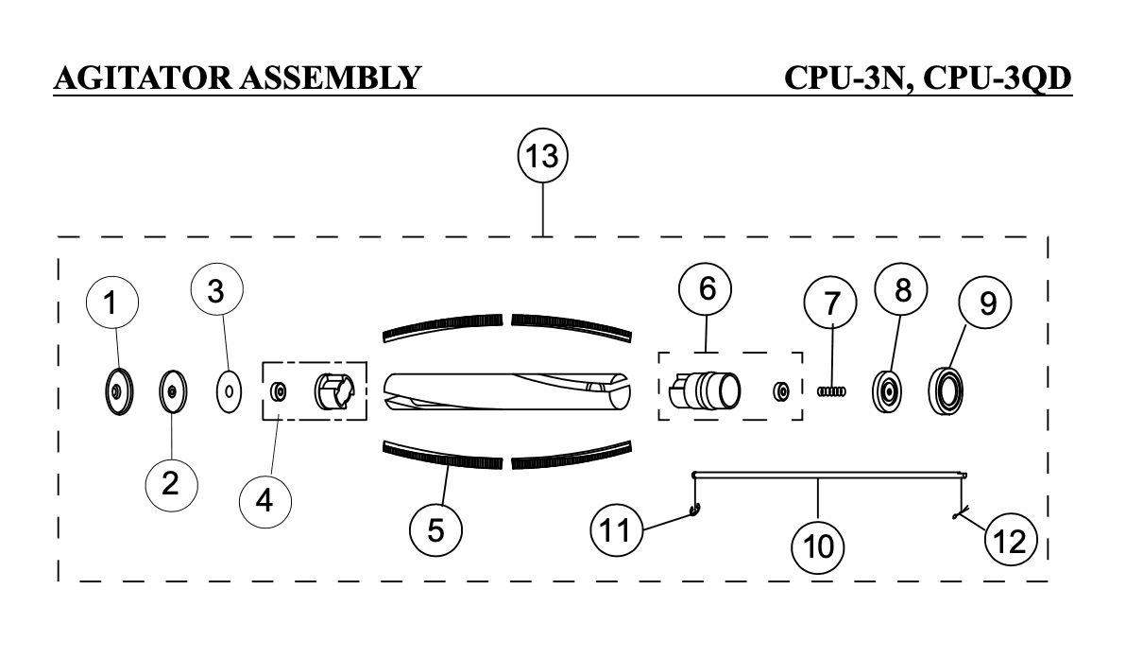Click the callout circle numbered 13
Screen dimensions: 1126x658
click(x=542, y=156)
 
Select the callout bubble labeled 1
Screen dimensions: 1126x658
click(x=112, y=303)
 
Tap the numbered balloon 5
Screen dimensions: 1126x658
click(x=435, y=530)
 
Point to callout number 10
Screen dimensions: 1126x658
click(x=818, y=546)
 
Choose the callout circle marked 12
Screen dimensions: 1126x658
click(x=1011, y=540)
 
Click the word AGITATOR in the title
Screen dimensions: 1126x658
click(x=143, y=78)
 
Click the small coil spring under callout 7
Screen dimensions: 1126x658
click(x=831, y=390)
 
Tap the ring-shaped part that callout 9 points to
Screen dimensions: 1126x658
click(x=946, y=390)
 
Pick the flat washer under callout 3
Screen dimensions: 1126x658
click(x=230, y=391)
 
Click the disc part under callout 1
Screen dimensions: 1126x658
click(x=118, y=391)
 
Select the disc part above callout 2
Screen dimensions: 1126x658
click(x=172, y=391)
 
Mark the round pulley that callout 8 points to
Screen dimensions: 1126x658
click(x=887, y=392)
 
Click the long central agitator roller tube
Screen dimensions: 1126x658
click(x=507, y=391)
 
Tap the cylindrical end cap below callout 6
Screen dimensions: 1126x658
click(x=705, y=390)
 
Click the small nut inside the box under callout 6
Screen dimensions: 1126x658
click(x=780, y=391)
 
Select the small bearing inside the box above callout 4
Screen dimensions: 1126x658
click(x=279, y=391)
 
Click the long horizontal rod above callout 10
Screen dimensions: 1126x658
click(x=828, y=474)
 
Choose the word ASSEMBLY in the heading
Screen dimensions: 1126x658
click(x=330, y=78)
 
